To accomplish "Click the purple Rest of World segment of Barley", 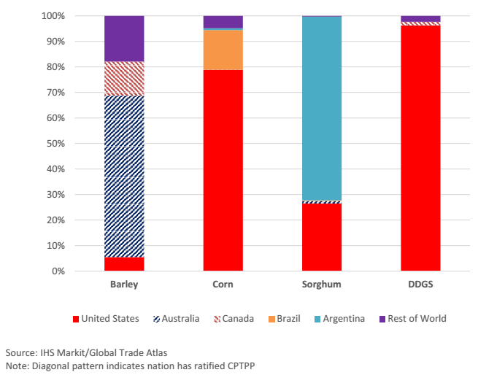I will [124, 38].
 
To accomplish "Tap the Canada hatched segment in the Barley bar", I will [124, 79].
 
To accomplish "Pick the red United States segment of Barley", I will [124, 264].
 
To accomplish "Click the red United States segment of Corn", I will [223, 170].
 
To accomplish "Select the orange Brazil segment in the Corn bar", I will [223, 50].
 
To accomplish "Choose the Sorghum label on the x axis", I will [322, 285].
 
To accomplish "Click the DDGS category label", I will [420, 285].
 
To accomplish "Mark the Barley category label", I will [124, 285].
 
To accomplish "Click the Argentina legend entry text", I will [344, 319].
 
